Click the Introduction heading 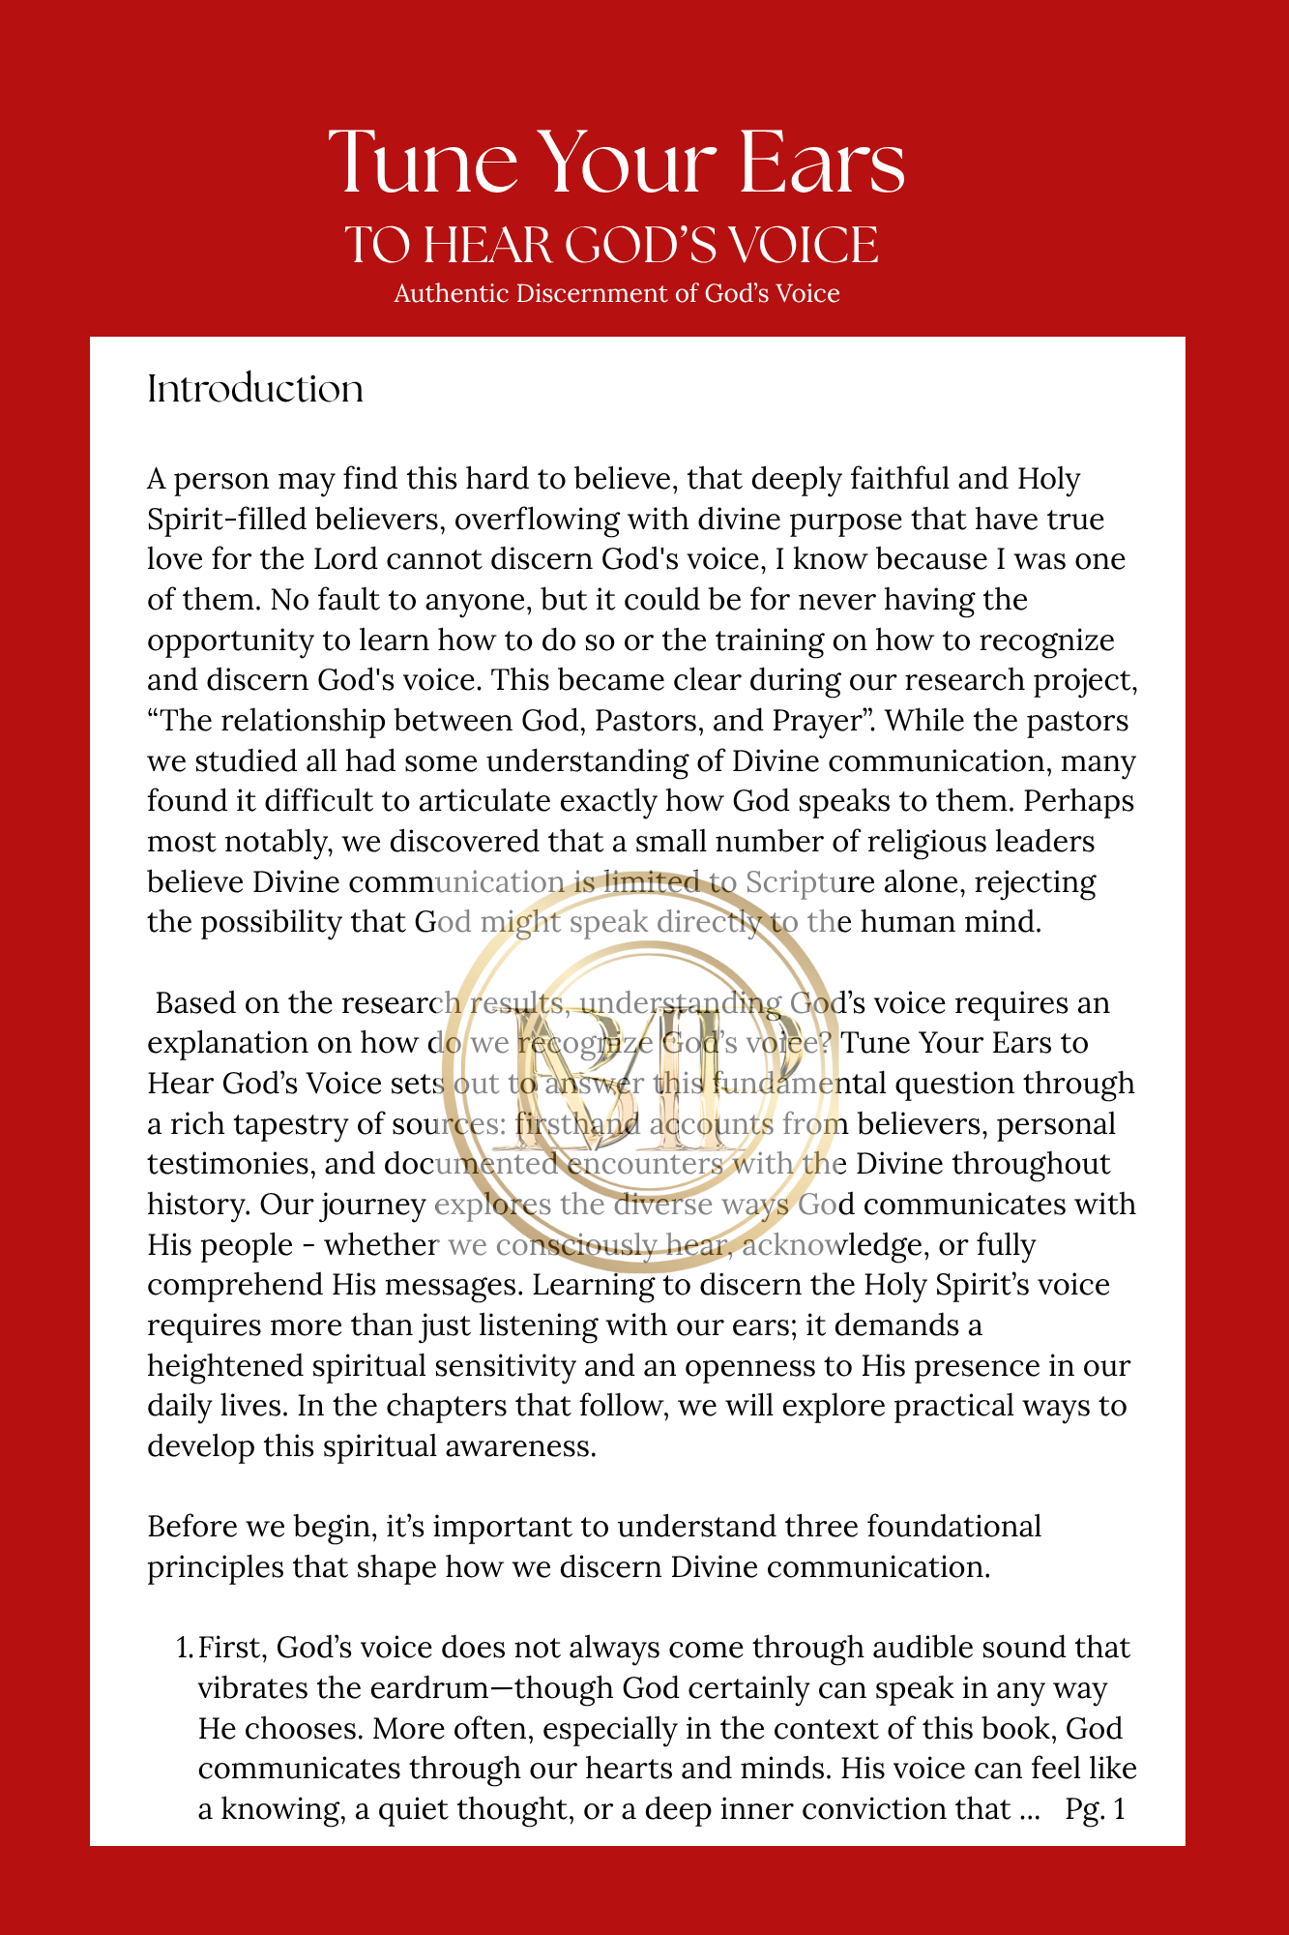point(255,389)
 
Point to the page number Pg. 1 point(1095,1808)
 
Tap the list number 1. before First point(184,1647)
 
